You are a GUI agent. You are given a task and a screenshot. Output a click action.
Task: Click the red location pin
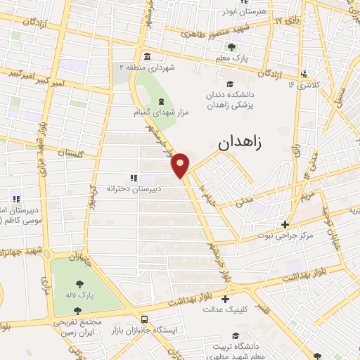(181, 165)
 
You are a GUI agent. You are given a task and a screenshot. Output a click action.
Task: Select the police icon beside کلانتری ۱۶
(303, 74)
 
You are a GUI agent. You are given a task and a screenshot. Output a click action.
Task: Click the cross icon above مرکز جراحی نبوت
(284, 225)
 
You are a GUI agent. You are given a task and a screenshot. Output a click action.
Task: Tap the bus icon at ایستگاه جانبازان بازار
(144, 318)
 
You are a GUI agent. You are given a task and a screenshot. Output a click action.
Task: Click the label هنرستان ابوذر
(233, 12)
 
